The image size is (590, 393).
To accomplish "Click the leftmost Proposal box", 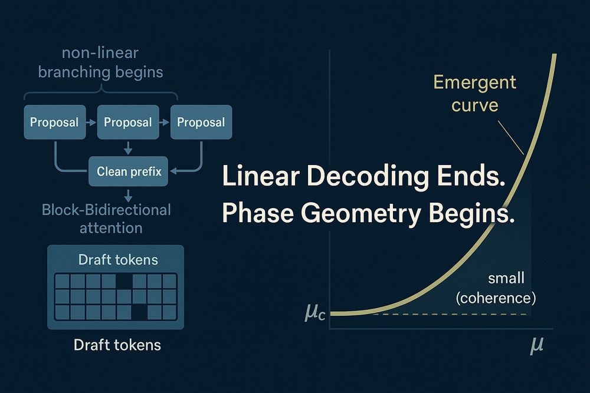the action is coord(55,122).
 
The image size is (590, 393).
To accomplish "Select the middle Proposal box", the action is coord(128,122).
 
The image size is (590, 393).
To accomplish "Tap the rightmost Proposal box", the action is coord(201,122).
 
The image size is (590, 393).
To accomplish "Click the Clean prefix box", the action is coord(128,171).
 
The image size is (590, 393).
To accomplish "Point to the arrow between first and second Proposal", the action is coord(91,122).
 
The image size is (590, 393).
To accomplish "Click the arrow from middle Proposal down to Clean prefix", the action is coord(128,148).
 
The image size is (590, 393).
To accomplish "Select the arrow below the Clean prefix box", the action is coord(128,196).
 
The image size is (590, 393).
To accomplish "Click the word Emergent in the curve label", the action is coord(474,82).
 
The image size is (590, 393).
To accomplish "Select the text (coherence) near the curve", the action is coord(496,298).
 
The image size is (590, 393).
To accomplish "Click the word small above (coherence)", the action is coord(506,279).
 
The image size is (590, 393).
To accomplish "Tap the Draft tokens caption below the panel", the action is coord(117,345).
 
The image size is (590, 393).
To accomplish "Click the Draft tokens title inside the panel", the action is coord(118,260).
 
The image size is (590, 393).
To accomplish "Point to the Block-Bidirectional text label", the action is coord(106,210).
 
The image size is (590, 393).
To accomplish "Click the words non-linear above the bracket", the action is coord(100,53).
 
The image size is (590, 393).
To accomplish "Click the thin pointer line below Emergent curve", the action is coord(510,137).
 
